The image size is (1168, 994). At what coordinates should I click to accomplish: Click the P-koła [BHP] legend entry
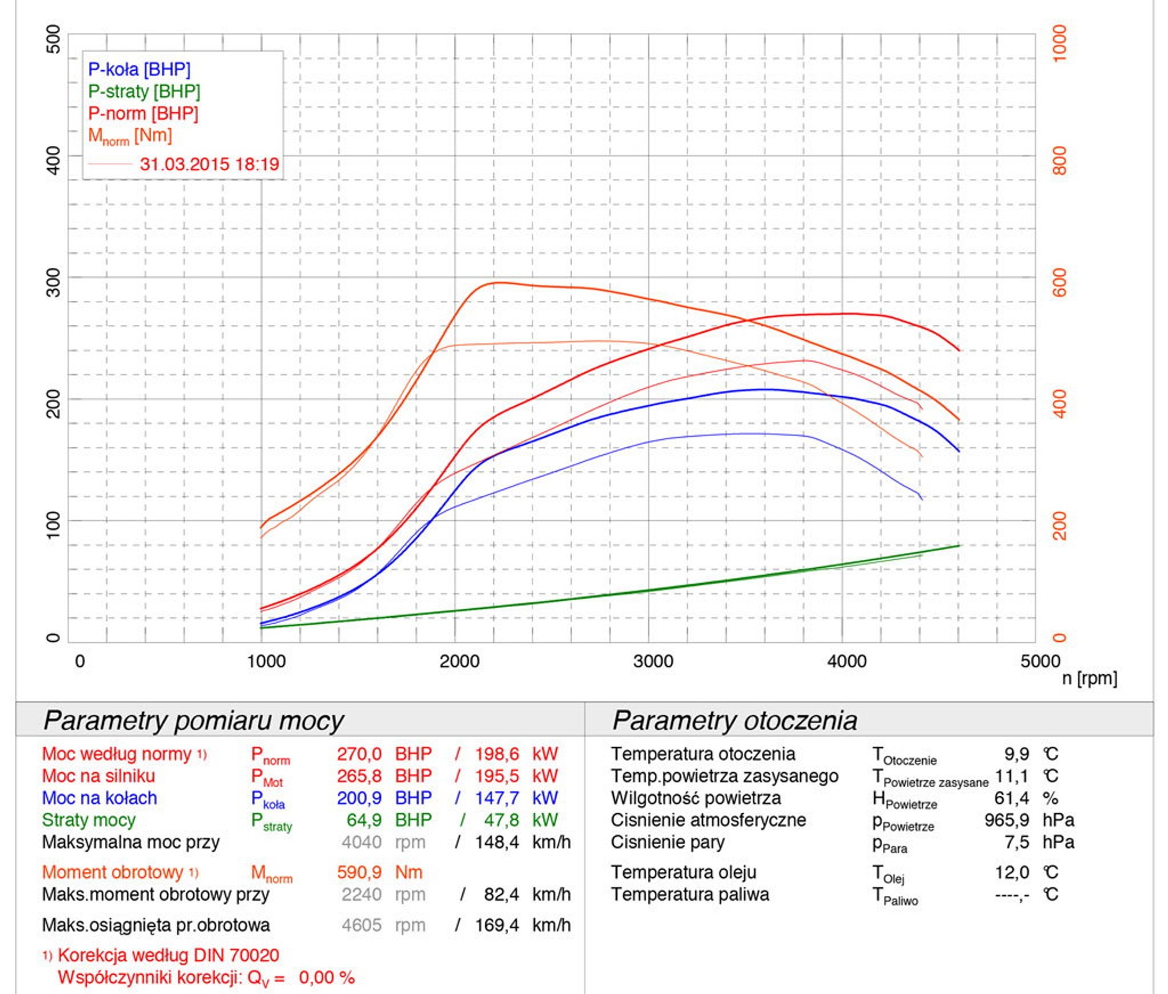coord(139,70)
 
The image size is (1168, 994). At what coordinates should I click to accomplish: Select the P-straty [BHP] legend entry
coord(144,92)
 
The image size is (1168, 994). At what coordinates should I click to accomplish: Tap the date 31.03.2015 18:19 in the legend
coord(209,165)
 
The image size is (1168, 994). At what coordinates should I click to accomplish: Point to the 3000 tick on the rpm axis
coord(653,661)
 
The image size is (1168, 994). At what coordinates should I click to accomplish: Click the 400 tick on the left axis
coord(53,160)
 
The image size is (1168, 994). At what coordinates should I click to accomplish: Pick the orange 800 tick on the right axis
coord(1060,160)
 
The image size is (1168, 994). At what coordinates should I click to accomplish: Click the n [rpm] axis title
coord(1089,678)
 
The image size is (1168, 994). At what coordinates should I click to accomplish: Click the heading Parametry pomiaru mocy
coord(193,721)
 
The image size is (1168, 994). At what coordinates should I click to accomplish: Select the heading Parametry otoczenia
coord(734,721)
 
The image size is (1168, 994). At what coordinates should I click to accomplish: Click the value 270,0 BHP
coord(384,754)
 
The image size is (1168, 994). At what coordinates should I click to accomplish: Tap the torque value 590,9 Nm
coord(379,872)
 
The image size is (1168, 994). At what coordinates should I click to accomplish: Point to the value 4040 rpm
coord(383,842)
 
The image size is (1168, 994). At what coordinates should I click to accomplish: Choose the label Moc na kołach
coord(99,798)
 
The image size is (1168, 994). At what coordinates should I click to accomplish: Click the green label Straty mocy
coord(89,820)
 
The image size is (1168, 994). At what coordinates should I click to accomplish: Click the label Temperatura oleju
coord(683,872)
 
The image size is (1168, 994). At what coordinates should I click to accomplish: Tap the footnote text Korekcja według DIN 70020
coord(168,955)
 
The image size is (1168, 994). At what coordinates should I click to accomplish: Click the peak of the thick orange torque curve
coord(497,283)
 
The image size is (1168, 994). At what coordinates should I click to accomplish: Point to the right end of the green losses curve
coord(959,545)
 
